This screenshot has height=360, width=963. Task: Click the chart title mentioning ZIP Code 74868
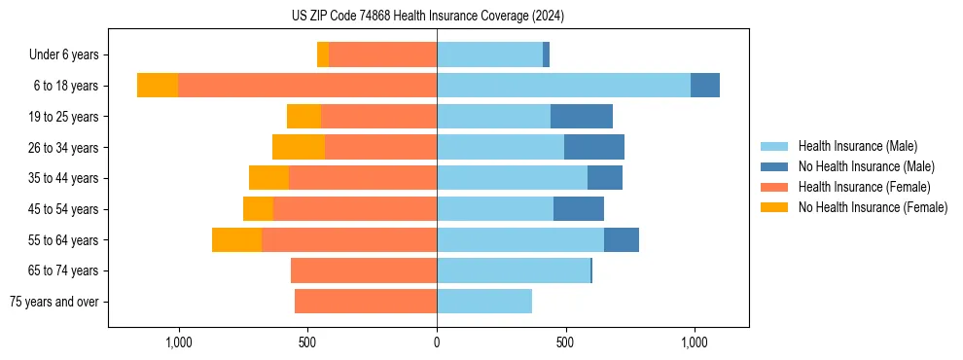(428, 16)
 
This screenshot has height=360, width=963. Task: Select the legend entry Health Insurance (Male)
(857, 146)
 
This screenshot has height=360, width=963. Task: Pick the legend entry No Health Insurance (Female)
(873, 207)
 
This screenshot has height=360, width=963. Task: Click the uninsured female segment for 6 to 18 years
(158, 86)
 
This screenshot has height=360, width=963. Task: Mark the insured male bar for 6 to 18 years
(563, 86)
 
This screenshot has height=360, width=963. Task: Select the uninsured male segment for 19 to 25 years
(582, 117)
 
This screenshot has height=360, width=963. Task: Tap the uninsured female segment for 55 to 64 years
(236, 240)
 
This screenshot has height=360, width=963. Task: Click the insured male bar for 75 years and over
(484, 302)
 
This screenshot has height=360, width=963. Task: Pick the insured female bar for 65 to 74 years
(364, 270)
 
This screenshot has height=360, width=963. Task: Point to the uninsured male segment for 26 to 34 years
(594, 148)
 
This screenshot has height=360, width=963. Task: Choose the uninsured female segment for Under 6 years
(323, 54)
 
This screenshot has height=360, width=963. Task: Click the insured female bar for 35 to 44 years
(363, 178)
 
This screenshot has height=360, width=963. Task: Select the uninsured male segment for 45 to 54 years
(579, 209)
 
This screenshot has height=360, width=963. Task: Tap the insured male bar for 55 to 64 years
(520, 240)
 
